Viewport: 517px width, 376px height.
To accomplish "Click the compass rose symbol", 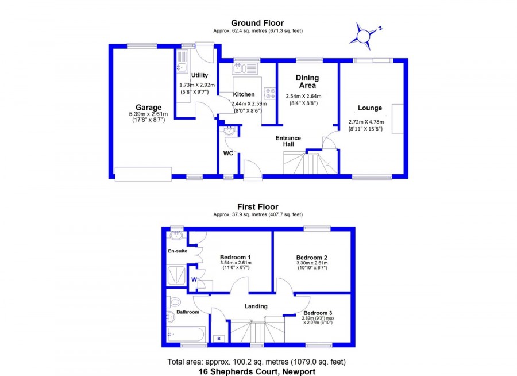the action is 364,36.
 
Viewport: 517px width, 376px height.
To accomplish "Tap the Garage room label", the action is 148,108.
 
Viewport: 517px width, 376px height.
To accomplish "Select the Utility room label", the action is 199,75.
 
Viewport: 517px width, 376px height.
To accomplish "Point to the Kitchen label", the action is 244,94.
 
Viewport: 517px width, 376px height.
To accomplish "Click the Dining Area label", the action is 307,82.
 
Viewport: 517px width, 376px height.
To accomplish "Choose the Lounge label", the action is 370,108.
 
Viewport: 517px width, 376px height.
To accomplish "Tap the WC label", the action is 228,153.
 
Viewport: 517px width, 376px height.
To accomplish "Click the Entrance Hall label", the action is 288,141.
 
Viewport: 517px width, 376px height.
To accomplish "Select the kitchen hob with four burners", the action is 270,93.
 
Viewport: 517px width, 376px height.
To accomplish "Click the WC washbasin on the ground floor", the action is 229,131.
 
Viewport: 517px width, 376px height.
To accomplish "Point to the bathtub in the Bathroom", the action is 186,335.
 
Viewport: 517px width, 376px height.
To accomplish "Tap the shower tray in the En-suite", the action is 176,275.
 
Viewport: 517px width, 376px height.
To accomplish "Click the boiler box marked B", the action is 219,339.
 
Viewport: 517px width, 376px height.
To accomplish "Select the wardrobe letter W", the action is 194,279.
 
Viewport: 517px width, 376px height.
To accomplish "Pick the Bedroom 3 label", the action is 318,313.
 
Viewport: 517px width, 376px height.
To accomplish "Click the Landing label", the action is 256,306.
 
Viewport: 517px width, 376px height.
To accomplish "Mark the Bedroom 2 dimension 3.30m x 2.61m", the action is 312,263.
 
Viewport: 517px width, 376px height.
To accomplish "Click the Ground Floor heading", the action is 257,23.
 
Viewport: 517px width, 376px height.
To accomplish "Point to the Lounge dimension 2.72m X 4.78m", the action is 366,122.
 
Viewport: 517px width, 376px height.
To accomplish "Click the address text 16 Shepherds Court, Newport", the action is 257,371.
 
